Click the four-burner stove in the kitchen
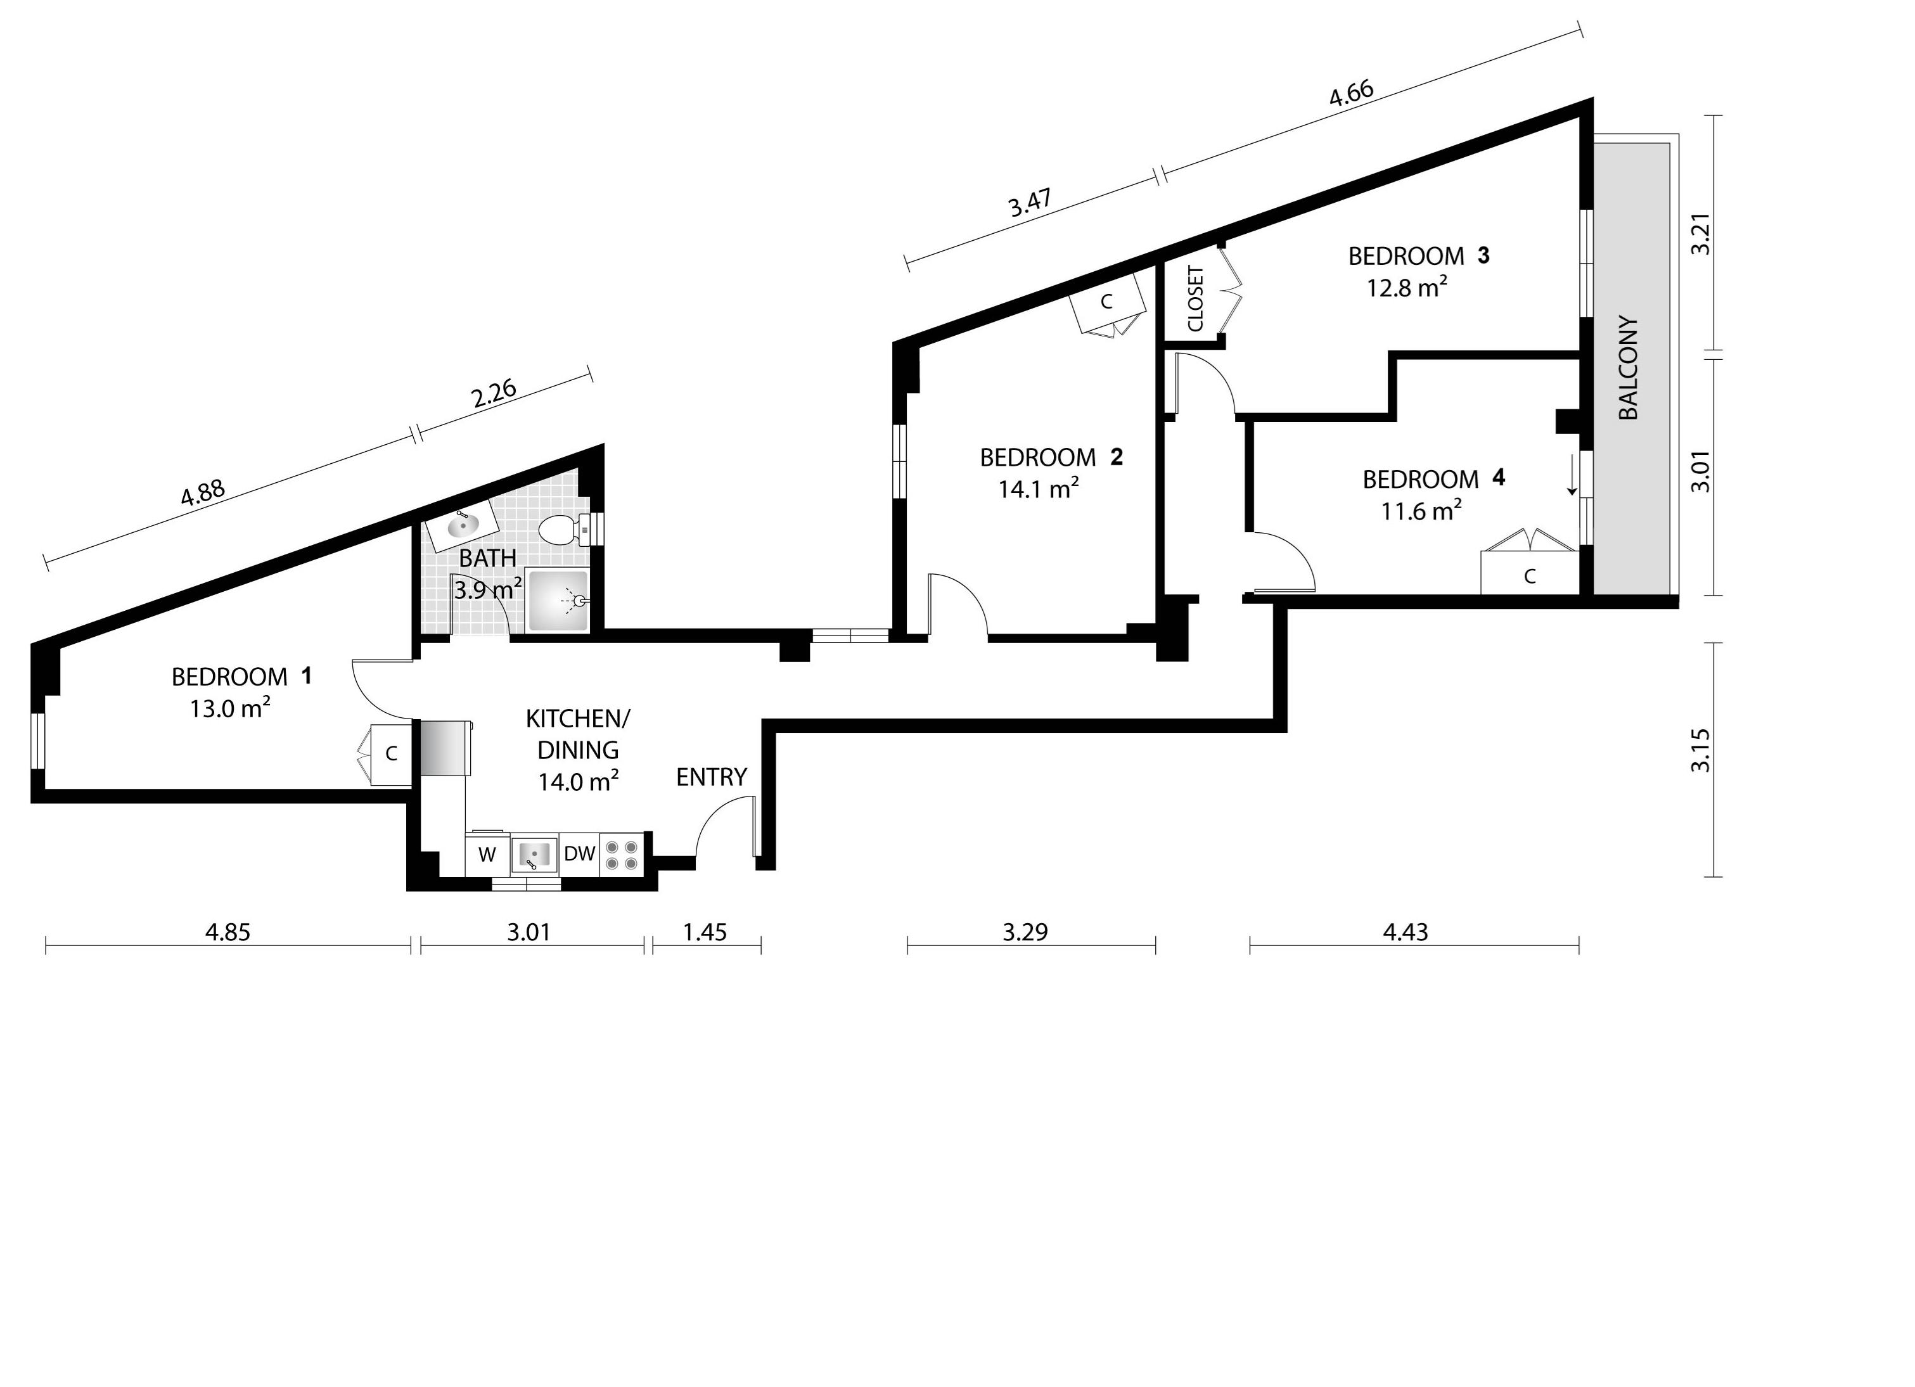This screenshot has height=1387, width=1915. (x=622, y=854)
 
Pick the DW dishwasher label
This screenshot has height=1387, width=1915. (x=579, y=853)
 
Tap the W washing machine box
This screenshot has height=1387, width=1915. (x=487, y=854)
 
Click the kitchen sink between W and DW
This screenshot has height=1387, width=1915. (x=534, y=854)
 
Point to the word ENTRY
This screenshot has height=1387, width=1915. (x=711, y=777)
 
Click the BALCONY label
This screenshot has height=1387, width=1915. (x=1629, y=368)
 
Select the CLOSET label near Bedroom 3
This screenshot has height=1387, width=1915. (x=1196, y=299)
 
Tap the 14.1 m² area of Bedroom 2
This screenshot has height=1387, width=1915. (x=1039, y=489)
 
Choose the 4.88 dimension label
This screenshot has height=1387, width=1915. (x=203, y=492)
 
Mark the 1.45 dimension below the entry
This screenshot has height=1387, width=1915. (x=704, y=932)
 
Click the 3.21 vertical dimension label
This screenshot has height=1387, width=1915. (x=1701, y=233)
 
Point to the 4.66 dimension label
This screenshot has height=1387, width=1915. (x=1351, y=94)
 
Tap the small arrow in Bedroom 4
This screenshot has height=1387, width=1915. (x=1572, y=475)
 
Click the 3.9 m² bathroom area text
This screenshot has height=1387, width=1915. (x=487, y=590)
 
